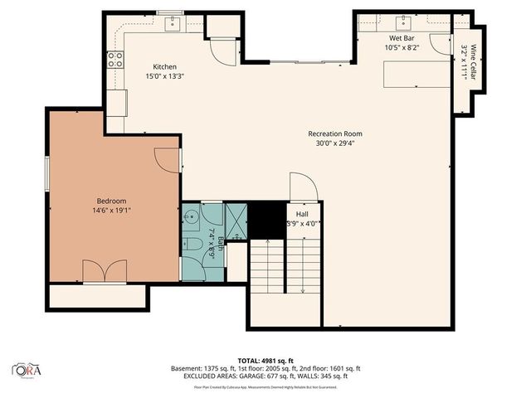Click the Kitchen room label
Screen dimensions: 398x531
tap(164, 66)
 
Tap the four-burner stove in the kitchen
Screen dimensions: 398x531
tap(114, 59)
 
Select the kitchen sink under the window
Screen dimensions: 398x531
tap(173, 23)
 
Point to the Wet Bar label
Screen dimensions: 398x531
tap(402, 38)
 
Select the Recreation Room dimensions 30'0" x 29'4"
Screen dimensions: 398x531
tap(334, 143)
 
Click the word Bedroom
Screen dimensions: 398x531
tap(111, 201)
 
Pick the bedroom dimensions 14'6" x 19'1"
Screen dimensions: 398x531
tap(111, 211)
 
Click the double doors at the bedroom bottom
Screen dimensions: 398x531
tap(105, 270)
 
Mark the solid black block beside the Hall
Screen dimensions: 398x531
tap(267, 220)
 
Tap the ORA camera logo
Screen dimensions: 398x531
tap(27, 369)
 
